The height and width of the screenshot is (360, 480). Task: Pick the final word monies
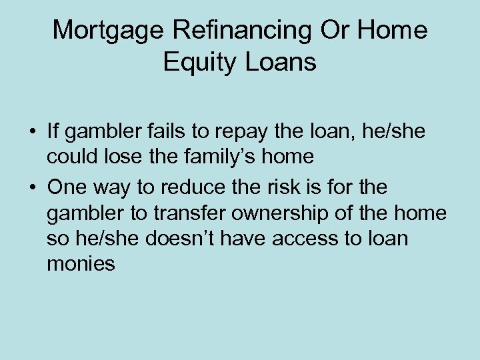(81, 264)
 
